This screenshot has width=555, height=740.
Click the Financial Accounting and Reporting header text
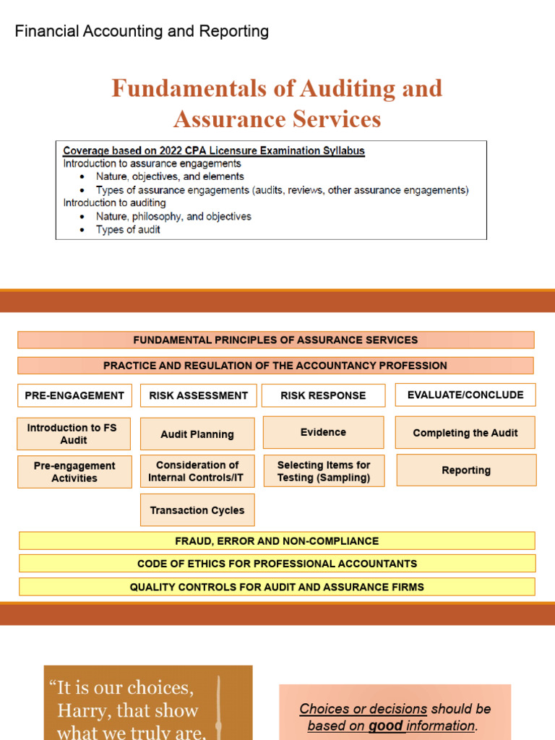[x=142, y=31]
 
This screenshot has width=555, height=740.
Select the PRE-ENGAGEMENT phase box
[x=74, y=395]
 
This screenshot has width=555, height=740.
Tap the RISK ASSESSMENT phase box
[x=198, y=395]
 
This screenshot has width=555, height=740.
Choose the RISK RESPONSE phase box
[x=323, y=395]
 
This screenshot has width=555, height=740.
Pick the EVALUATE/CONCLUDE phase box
[x=465, y=395]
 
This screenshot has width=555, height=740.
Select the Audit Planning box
[x=197, y=434]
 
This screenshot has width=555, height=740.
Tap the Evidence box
[x=323, y=432]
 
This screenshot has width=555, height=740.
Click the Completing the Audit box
[x=465, y=433]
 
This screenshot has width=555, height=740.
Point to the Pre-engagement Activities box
[x=74, y=472]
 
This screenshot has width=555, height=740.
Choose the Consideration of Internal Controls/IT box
[x=197, y=471]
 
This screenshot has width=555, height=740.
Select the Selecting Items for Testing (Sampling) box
[x=323, y=471]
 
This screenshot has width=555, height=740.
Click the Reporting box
[x=466, y=470]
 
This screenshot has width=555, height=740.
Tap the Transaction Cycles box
[x=197, y=510]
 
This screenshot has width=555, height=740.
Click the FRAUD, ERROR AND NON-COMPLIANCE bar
[x=277, y=541]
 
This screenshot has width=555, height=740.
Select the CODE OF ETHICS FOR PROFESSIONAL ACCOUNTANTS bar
[x=277, y=564]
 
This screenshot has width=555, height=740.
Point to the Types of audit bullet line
[x=128, y=230]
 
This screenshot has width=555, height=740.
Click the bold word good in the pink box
[x=386, y=726]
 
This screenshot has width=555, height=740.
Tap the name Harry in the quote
[x=82, y=710]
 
